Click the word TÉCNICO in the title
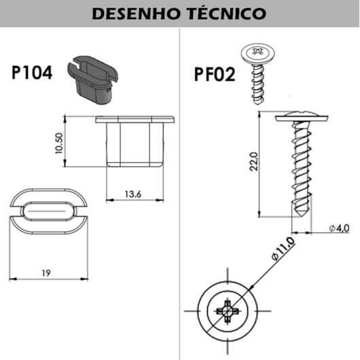227,13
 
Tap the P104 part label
32,73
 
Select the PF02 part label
215,75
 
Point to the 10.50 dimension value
59,143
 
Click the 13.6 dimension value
133,194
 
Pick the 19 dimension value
46,273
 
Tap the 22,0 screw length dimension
254,162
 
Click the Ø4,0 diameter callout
339,228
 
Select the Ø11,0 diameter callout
283,249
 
